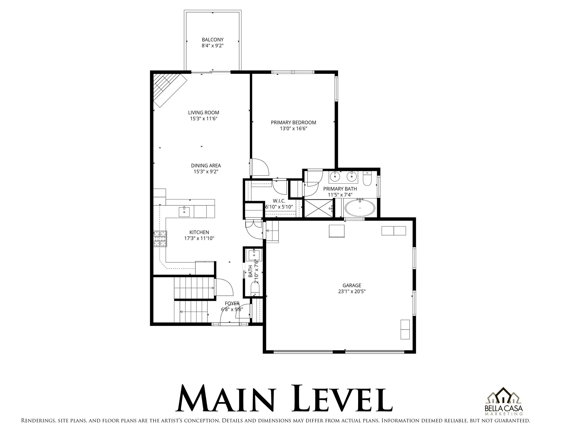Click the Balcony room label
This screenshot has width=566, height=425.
[212, 40]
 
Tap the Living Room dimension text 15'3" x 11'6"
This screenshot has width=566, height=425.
[203, 119]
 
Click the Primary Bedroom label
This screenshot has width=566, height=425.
[293, 123]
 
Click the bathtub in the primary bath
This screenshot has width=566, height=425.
[360, 208]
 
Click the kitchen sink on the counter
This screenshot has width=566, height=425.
[184, 212]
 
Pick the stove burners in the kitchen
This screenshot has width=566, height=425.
[160, 239]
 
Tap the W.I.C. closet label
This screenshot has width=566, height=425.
[279, 201]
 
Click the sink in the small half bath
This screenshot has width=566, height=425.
[254, 255]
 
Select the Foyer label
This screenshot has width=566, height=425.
[232, 304]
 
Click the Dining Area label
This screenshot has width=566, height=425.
[206, 166]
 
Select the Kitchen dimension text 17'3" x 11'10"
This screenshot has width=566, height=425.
[199, 238]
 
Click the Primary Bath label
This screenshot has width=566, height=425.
[340, 189]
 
